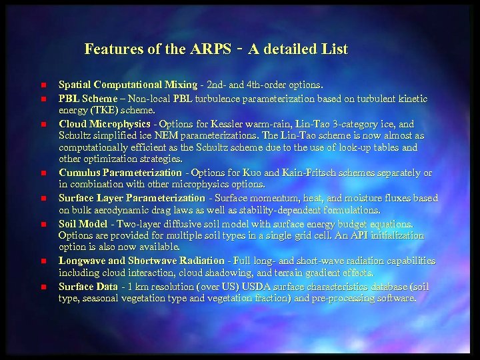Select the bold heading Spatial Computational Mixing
128,85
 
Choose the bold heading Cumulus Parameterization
120,173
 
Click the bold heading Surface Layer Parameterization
132,198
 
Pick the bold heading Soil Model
83,223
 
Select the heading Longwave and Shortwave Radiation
141,261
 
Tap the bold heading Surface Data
88,286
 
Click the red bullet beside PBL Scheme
41,99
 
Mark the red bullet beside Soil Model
41,224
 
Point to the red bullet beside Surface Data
41,287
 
